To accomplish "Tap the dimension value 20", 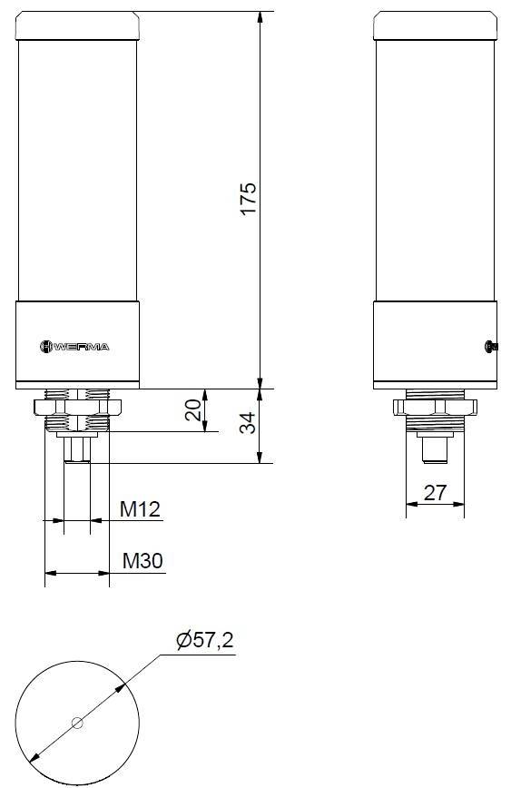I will coord(193,410).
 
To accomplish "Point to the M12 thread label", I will coord(141,509).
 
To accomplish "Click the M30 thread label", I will coord(142,561).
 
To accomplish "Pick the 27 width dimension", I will coord(436,492).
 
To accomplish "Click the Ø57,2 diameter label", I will coord(204,641).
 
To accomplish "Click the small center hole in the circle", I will coord(76,724).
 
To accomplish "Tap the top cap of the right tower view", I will coord(435,25).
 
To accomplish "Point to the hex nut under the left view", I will coord(76,405).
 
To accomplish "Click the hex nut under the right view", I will coord(435,406).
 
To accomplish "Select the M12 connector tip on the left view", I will coord(76,450).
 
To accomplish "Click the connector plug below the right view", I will coord(435,449).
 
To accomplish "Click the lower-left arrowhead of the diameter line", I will coord(34,756).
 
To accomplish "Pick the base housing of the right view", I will coord(435,344).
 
